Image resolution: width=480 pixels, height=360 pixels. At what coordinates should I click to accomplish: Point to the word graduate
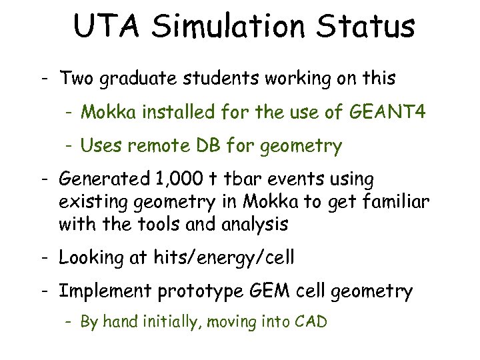141,79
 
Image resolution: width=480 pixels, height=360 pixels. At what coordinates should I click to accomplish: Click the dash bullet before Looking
42,258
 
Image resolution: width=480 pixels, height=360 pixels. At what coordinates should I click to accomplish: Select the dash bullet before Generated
42,179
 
